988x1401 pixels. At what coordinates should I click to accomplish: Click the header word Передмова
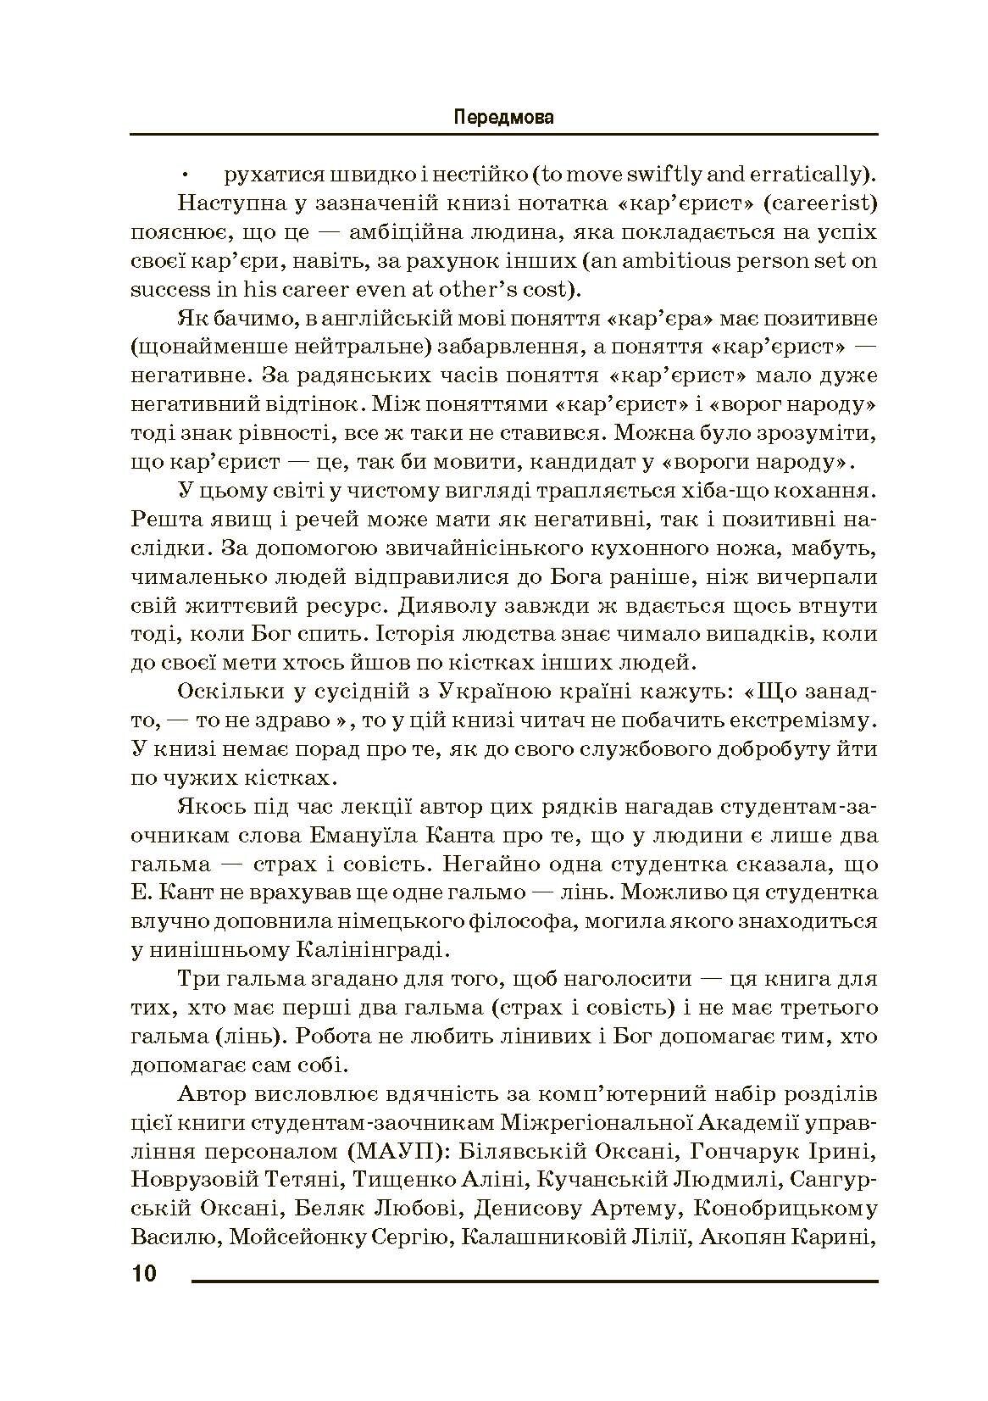(503, 117)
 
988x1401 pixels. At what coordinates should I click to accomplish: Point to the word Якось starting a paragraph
(208, 806)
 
